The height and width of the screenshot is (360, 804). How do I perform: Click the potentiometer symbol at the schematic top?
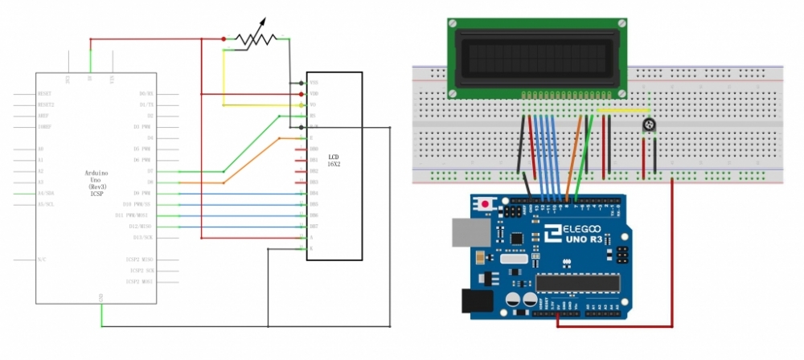tap(255, 39)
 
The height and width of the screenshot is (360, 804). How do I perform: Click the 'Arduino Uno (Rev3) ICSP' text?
tap(96, 183)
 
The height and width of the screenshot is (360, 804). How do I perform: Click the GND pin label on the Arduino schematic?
tap(101, 297)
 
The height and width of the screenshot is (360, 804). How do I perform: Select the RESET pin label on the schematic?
tap(45, 93)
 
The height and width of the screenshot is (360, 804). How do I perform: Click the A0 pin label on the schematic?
tap(41, 149)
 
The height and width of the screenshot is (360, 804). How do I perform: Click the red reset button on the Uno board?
tap(486, 205)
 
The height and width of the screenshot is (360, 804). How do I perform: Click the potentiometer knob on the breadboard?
tap(650, 125)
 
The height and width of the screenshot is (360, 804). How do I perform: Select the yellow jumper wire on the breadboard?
tap(624, 111)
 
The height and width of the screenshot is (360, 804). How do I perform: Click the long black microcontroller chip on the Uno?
tap(579, 282)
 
